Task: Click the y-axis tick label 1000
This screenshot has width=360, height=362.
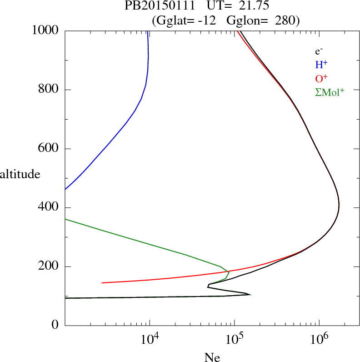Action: pyautogui.click(x=45, y=30)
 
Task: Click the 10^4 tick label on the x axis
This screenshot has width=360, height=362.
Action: pyautogui.click(x=150, y=339)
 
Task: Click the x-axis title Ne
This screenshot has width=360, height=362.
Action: pyautogui.click(x=212, y=357)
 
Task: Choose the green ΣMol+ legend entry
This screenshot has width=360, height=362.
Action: pyautogui.click(x=330, y=92)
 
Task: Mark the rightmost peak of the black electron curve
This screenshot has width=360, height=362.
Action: pyautogui.click(x=339, y=207)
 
